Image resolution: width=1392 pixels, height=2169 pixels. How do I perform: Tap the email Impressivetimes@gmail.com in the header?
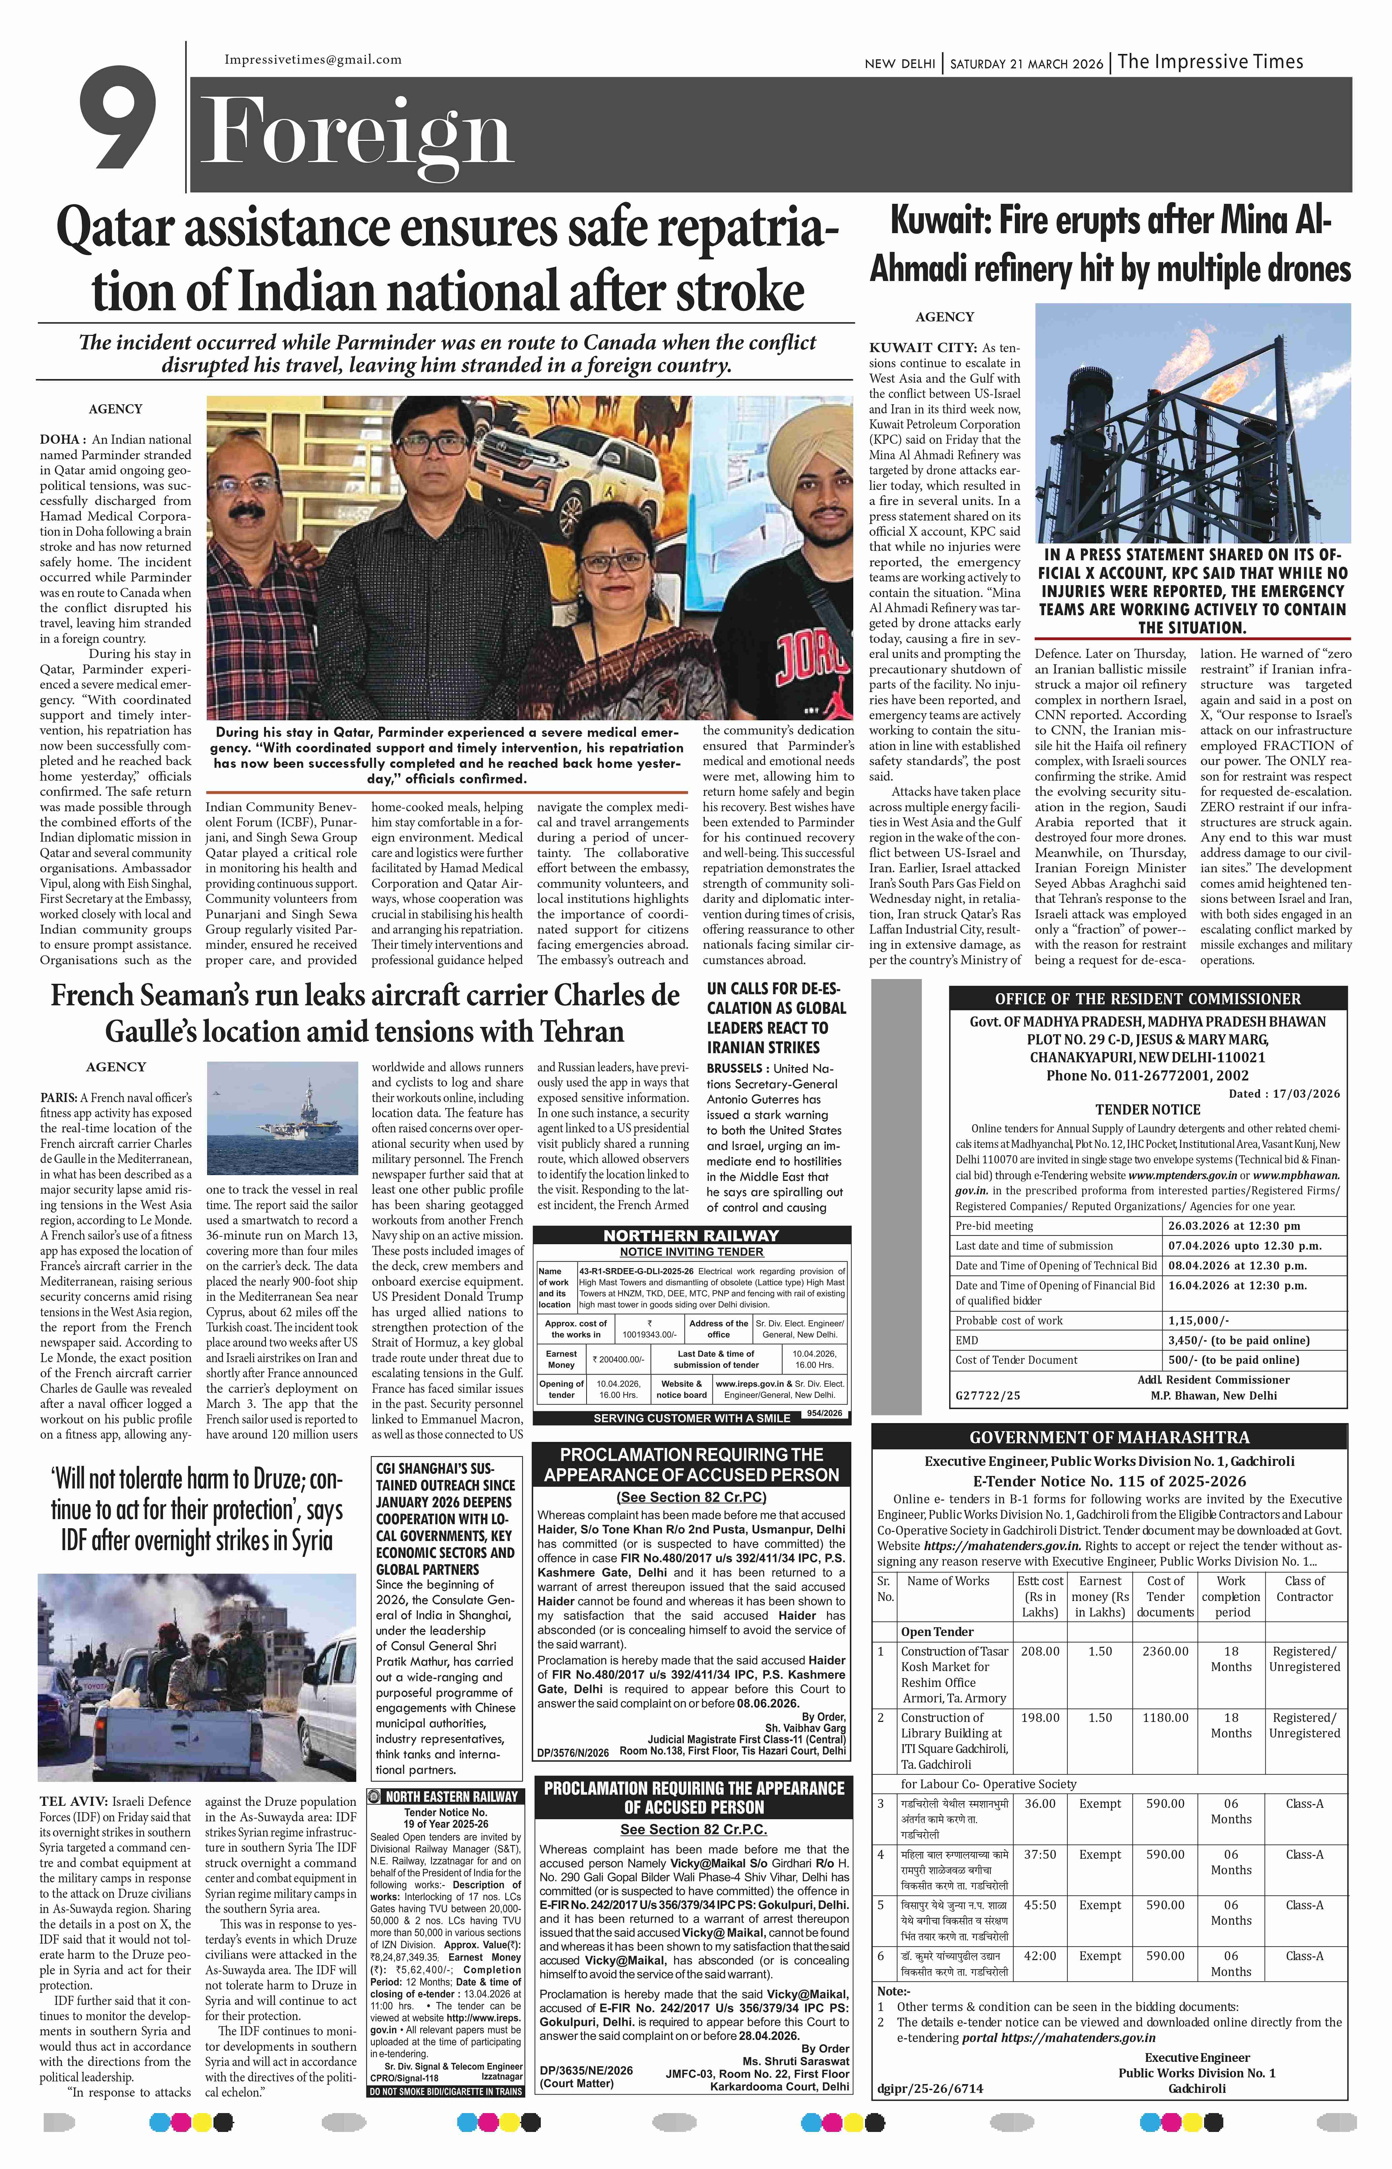click(x=313, y=60)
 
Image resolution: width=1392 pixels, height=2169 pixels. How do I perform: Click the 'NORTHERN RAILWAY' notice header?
click(x=692, y=1235)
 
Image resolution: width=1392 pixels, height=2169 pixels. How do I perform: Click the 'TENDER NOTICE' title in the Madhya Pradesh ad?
click(x=1147, y=1109)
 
